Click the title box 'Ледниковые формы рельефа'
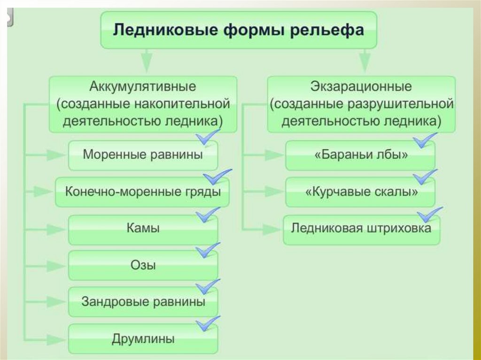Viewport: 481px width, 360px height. [238, 31]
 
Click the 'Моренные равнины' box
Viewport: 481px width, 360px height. [143, 155]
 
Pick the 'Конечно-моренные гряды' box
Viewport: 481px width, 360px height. [143, 191]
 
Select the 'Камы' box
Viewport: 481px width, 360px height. [143, 229]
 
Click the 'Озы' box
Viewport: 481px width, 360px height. [143, 265]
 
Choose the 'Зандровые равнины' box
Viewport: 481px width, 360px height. [143, 302]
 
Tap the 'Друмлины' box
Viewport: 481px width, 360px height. [143, 338]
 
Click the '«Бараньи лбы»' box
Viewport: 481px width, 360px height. [360, 155]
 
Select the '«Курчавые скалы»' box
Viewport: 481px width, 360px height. [360, 191]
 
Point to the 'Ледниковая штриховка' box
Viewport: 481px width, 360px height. [361, 229]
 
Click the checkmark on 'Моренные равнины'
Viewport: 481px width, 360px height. [206, 138]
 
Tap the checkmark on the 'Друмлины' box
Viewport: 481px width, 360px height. [206, 323]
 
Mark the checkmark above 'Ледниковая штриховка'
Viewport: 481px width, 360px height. [429, 214]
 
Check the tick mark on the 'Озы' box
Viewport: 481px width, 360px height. [206, 250]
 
